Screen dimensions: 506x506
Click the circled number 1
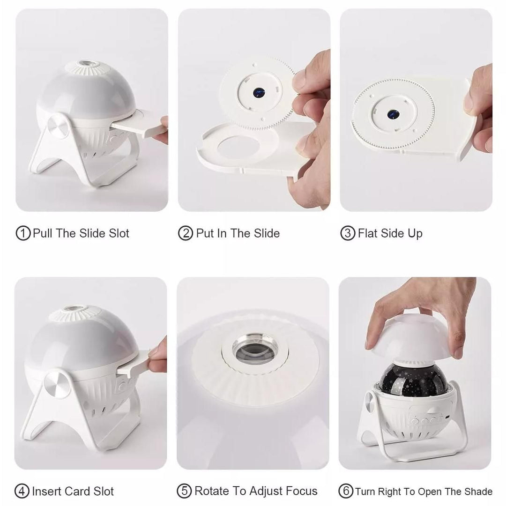coord(23,233)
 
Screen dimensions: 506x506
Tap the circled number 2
coord(185,233)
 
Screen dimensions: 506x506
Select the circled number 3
coord(348,233)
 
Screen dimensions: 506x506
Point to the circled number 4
coord(22,491)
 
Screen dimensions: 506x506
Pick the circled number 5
coord(184,491)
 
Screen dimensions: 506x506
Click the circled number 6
coord(346,491)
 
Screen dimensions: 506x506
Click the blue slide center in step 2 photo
coord(259,93)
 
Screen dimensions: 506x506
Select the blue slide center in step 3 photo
coord(393,114)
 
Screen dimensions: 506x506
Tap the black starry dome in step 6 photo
coord(414,378)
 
